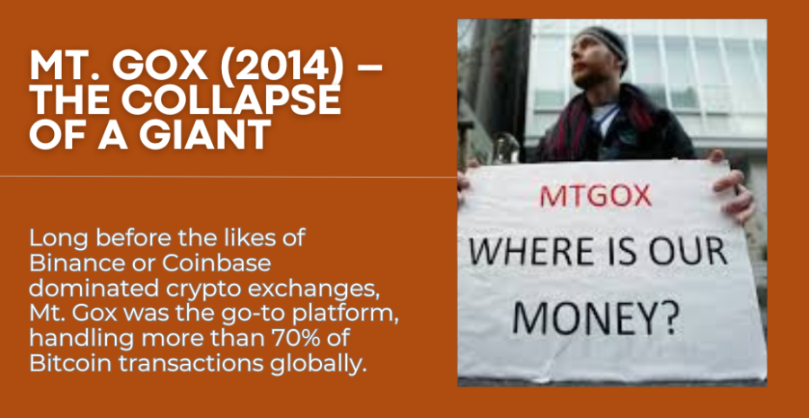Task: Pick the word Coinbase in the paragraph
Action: [x=217, y=263]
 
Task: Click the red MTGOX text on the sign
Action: [x=596, y=197]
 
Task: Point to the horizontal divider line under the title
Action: [x=228, y=177]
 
